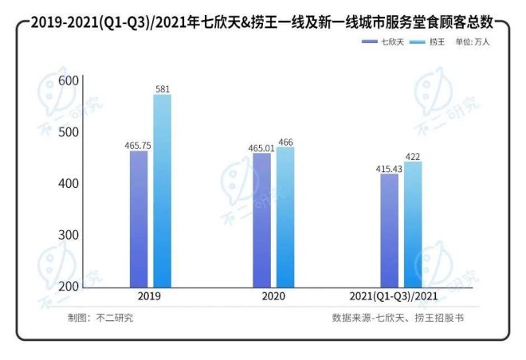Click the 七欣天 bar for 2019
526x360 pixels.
click(x=139, y=219)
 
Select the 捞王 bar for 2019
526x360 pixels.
click(x=162, y=191)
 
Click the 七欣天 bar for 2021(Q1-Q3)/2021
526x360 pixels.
click(x=389, y=230)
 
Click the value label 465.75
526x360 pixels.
click(x=138, y=146)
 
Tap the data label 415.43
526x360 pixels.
click(x=389, y=168)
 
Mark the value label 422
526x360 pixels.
click(x=414, y=156)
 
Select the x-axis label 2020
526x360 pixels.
click(x=273, y=295)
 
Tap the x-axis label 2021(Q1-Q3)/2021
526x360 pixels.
click(x=401, y=295)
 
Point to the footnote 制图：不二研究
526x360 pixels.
click(x=101, y=317)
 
